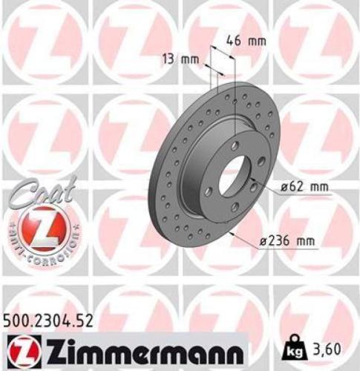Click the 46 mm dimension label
(x=246, y=41)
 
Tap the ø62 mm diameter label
(x=304, y=187)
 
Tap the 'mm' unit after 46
(x=256, y=41)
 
